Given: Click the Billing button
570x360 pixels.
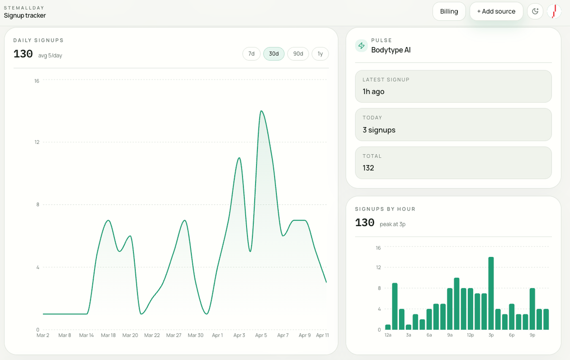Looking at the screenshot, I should (x=449, y=11).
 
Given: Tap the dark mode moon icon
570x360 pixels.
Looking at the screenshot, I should (x=535, y=11).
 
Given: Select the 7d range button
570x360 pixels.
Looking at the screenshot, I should (x=251, y=54).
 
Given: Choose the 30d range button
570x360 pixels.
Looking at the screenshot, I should (x=274, y=54).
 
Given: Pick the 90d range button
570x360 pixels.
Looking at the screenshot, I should (x=298, y=54).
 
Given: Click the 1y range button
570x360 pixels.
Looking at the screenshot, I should (x=320, y=54).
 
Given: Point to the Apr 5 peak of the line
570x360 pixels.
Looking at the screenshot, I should (x=261, y=111).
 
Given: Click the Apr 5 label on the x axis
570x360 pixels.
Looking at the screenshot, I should (x=261, y=335).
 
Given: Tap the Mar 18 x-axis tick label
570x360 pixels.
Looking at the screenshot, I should (x=108, y=335).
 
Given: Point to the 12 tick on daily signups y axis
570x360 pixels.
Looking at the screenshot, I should (x=37, y=142).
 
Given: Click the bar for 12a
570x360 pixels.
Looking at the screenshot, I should (x=388, y=327).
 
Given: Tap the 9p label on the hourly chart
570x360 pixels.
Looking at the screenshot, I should (x=532, y=335).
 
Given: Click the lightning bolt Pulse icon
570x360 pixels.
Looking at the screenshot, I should (x=361, y=46).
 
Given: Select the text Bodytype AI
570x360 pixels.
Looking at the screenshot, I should (x=391, y=50).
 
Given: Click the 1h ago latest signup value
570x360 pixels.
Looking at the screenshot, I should (x=373, y=92).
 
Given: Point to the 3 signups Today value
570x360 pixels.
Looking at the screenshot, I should (x=379, y=130).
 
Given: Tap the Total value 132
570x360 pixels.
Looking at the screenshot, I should (x=368, y=168).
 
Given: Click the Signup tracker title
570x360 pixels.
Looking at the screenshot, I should (x=25, y=15).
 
